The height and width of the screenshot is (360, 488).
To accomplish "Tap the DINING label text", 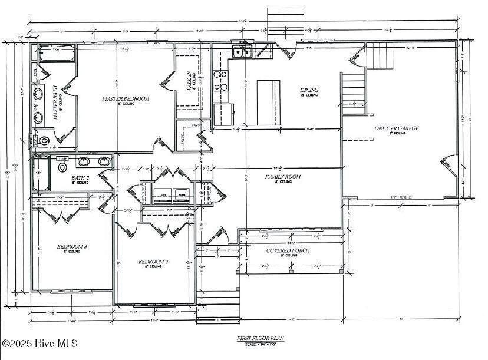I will (309, 90).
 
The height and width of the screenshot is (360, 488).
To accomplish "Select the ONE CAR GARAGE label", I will (397, 128).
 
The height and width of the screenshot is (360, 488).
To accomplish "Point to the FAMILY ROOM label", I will (283, 177).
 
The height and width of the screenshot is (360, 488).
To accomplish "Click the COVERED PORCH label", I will (288, 250).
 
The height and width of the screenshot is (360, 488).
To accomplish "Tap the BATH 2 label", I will (80, 177).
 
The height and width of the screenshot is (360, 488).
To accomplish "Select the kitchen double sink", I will (242, 52).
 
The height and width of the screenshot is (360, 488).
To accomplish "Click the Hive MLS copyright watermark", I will (40, 343).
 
